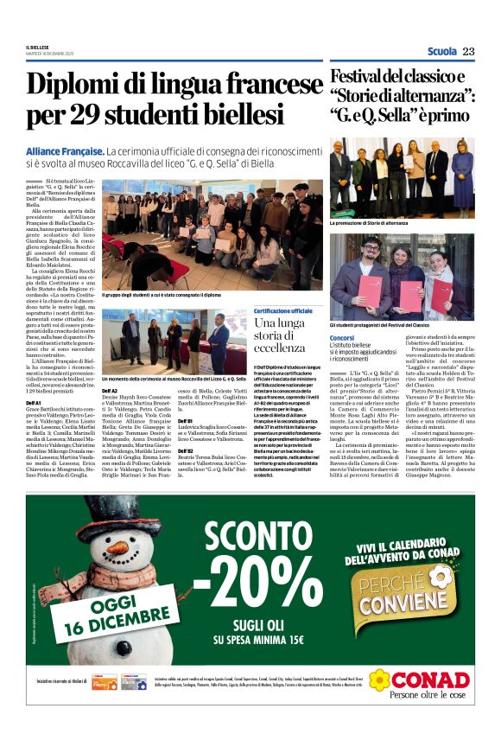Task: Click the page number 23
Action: [x=468, y=52]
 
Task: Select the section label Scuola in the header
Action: [x=442, y=52]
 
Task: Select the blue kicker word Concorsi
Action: [x=342, y=337]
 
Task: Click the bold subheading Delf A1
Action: [x=35, y=403]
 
